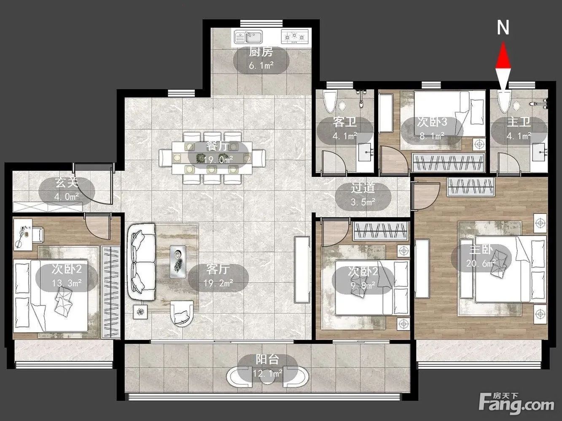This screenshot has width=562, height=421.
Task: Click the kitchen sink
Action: point(248,37)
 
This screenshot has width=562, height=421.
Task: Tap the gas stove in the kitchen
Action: point(294,37)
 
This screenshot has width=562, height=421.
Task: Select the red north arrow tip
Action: point(503,43)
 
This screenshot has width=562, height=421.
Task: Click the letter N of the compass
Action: point(503,28)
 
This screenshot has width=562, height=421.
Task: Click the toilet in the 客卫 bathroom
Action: point(330,102)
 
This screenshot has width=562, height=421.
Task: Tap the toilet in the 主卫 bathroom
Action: point(504,102)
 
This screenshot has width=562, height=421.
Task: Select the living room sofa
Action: point(142,262)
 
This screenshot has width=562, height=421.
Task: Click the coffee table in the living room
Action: point(178,262)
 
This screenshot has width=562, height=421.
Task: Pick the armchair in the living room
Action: point(181,314)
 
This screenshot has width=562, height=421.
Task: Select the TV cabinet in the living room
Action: point(302,270)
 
